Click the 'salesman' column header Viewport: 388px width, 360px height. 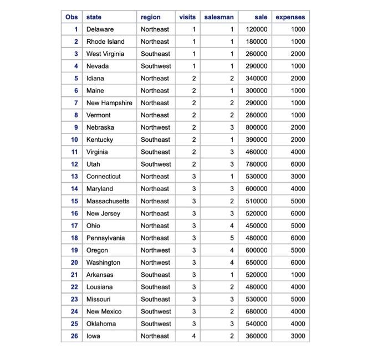coord(219,17)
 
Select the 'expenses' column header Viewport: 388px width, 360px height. coord(290,17)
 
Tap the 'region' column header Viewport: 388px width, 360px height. coord(151,17)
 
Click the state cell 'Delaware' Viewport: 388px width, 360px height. coord(100,29)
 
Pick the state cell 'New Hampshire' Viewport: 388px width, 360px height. coord(109,103)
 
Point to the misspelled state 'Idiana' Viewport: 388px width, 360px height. coord(95,79)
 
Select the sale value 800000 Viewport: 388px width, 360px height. coord(257,127)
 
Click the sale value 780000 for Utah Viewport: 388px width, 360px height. coord(257,164)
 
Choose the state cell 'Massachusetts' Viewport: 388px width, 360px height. coord(108,201)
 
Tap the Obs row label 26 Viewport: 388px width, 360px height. coord(74,336)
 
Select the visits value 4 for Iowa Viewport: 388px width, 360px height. coord(194,336)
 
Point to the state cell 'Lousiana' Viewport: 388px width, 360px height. coord(100,287)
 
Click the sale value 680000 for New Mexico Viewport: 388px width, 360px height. coord(257,311)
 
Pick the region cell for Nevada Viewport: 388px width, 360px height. coord(156,66)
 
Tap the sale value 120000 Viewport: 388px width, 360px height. coord(257,29)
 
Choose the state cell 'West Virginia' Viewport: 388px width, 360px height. coord(105,54)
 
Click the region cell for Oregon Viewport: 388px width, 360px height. coord(155,250)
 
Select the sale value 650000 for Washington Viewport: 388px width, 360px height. coord(257,263)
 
